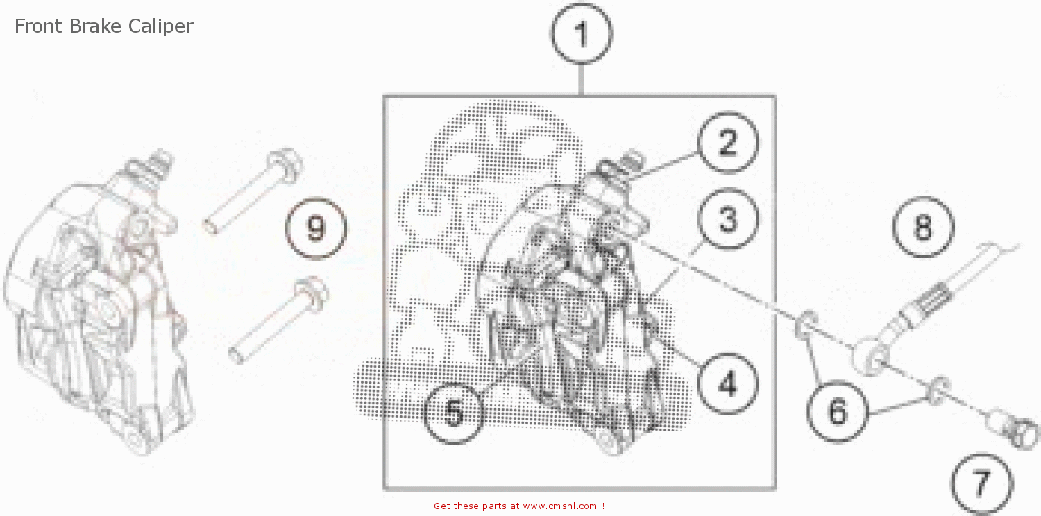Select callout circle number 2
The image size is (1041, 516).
pyautogui.click(x=728, y=143)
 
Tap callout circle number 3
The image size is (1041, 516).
pyautogui.click(x=727, y=219)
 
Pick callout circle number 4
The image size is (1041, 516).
pyautogui.click(x=727, y=383)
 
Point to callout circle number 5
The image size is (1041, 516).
pyautogui.click(x=453, y=413)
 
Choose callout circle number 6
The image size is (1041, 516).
pyautogui.click(x=838, y=412)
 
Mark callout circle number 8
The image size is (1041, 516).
pyautogui.click(x=923, y=227)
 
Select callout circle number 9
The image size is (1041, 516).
pyautogui.click(x=316, y=227)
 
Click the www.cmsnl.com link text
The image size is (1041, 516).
pyautogui.click(x=559, y=506)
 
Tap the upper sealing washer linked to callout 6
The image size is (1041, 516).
pyautogui.click(x=805, y=325)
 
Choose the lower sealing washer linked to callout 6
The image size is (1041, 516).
pyautogui.click(x=936, y=388)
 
